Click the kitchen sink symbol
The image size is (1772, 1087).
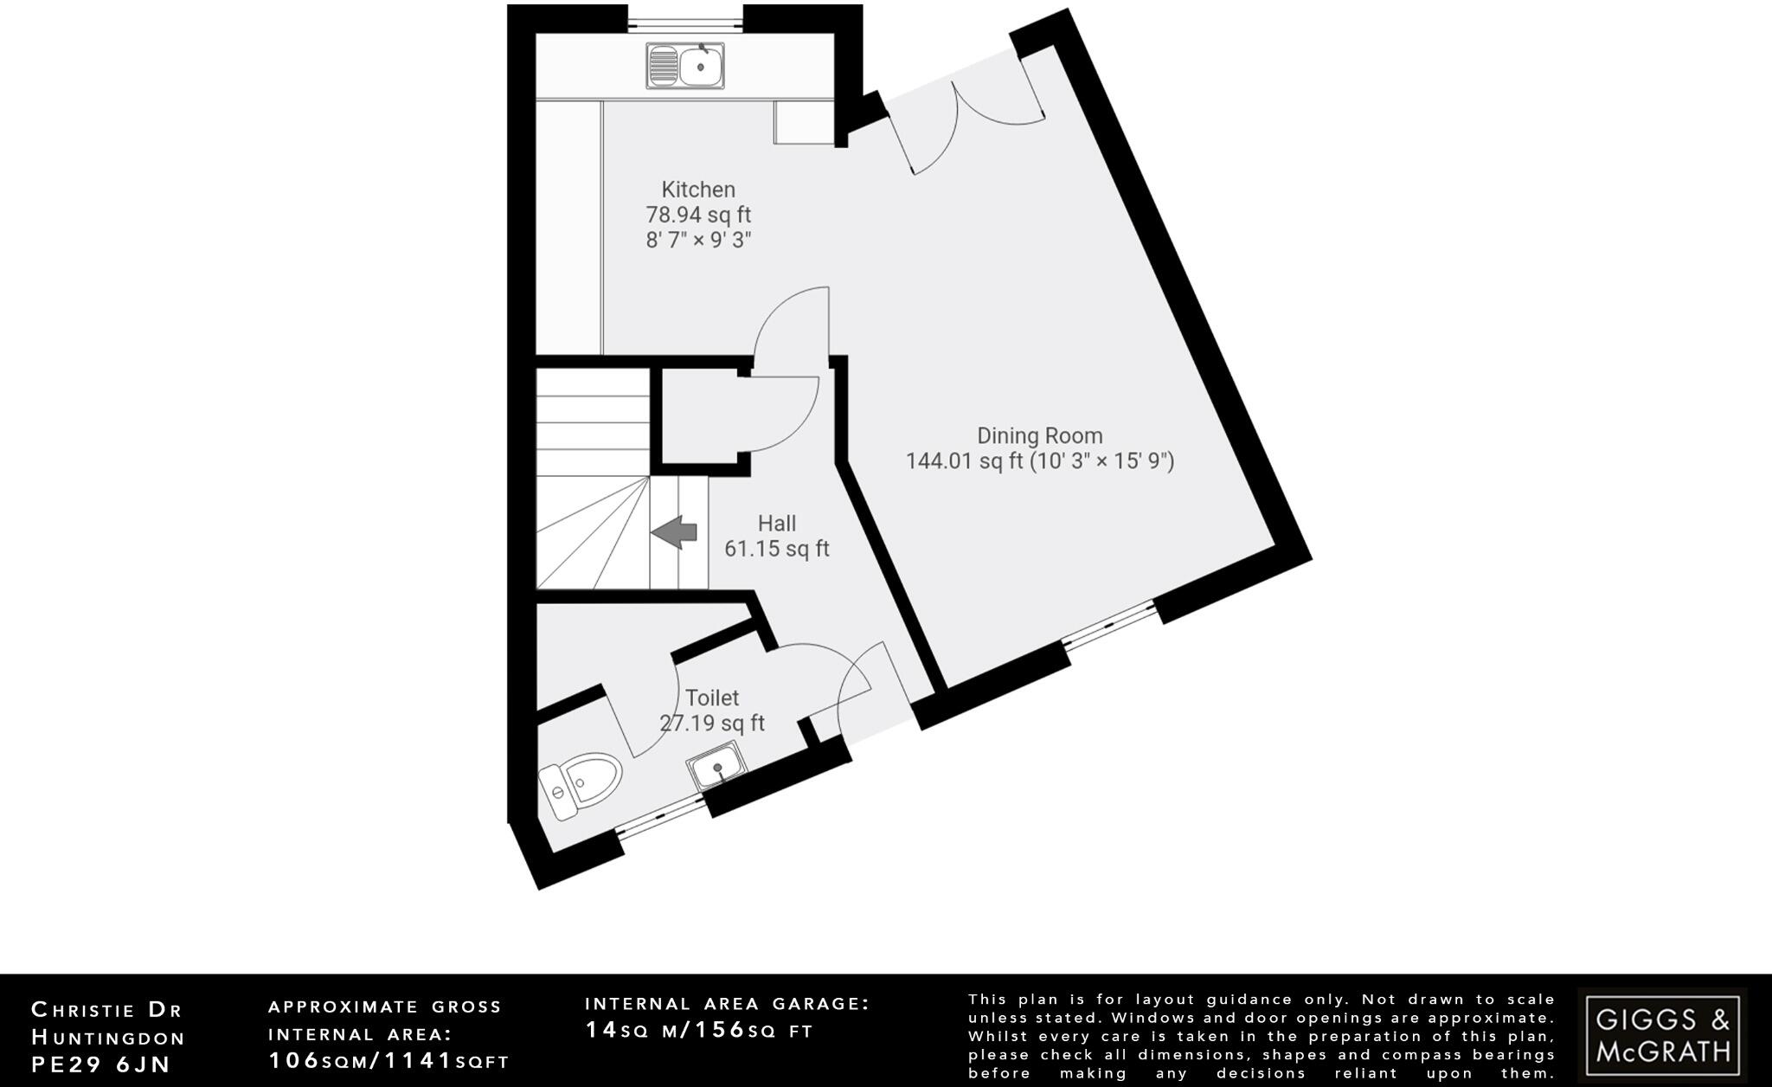684,66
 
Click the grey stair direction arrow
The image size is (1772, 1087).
674,532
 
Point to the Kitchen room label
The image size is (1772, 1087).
698,190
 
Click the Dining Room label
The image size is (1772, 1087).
1039,435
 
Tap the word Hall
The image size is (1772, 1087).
777,524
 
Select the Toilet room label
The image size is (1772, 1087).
712,698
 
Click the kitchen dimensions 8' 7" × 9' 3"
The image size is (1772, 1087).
698,240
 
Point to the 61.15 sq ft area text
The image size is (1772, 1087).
777,549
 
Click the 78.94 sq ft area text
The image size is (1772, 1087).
698,215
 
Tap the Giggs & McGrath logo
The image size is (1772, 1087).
1662,1036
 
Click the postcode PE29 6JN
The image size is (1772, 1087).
101,1064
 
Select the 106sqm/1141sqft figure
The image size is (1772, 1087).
388,1061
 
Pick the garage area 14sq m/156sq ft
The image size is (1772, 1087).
699,1030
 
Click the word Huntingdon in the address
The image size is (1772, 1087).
108,1037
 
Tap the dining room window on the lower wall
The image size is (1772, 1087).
1110,626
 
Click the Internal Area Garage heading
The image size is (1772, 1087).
727,1004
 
